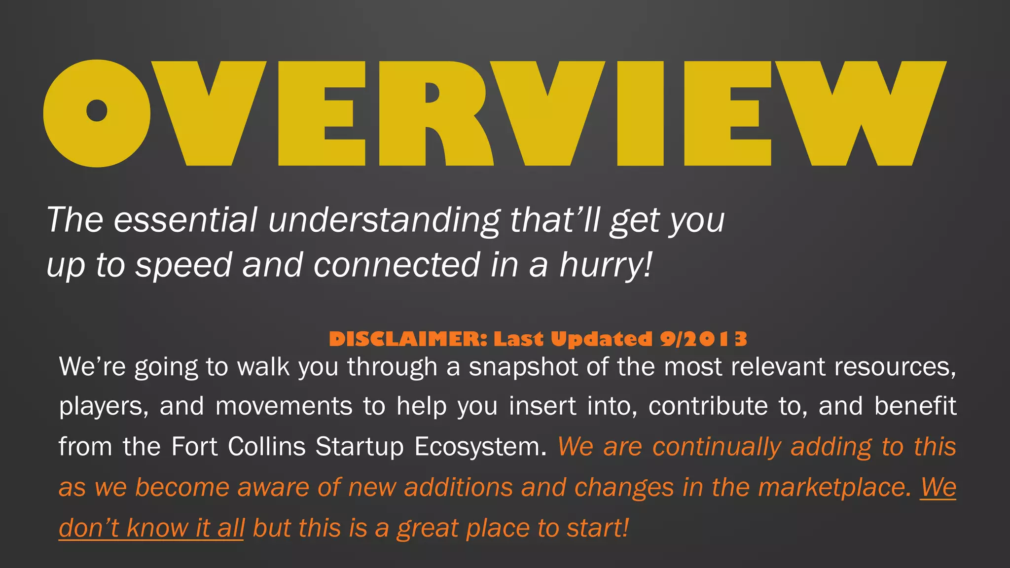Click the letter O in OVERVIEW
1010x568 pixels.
(97, 113)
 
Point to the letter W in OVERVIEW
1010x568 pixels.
(861, 113)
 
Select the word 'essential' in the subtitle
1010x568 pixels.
(185, 220)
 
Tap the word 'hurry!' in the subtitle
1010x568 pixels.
(606, 265)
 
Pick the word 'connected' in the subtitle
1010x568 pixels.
(397, 265)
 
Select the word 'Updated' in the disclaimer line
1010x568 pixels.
(601, 339)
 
